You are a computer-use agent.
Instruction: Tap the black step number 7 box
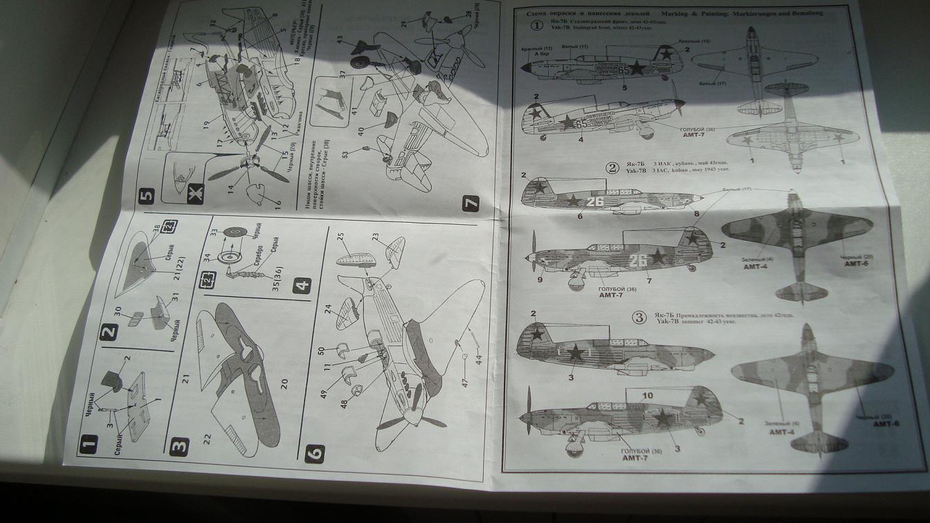tap(471, 204)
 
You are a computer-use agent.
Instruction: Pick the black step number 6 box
tap(314, 454)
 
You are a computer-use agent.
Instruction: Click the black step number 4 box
tap(302, 286)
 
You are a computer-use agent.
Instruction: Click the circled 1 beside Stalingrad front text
tap(538, 26)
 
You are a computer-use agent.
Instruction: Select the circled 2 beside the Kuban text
tap(611, 167)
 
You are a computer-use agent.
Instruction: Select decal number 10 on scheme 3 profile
tap(648, 396)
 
